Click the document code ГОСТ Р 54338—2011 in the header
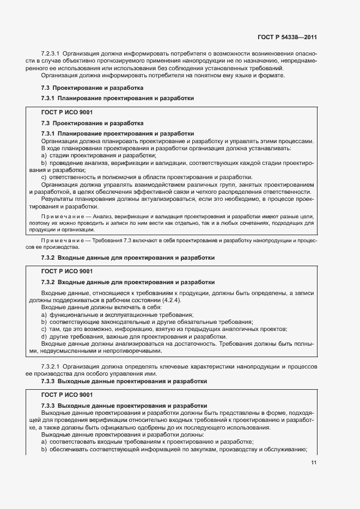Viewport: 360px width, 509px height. [x=287, y=38]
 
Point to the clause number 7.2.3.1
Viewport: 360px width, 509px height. [x=51, y=54]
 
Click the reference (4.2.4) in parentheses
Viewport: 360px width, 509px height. [x=171, y=301]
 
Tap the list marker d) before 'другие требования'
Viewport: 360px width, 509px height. [x=44, y=336]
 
